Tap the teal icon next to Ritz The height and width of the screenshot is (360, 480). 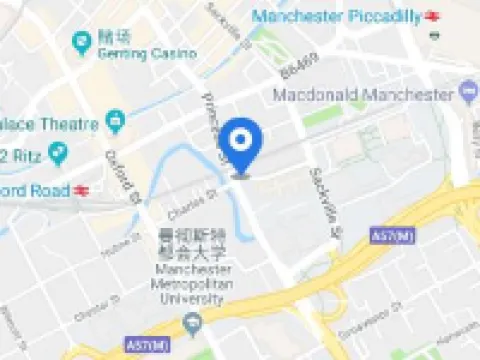(57, 154)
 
